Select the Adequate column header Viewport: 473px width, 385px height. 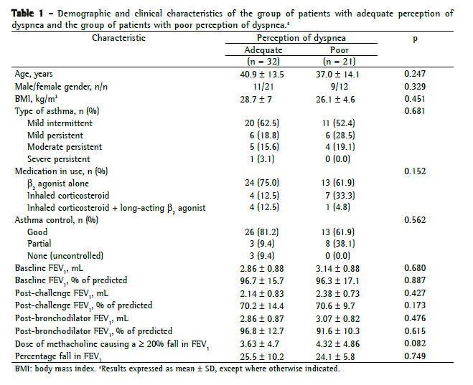click(263, 49)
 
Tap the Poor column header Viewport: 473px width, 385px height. click(339, 49)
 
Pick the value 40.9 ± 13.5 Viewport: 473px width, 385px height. click(263, 74)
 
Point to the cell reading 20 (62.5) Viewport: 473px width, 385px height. click(263, 123)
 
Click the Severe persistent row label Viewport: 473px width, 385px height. click(59, 159)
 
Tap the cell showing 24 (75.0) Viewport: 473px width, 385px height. click(263, 183)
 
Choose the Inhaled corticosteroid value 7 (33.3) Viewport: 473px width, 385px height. click(339, 196)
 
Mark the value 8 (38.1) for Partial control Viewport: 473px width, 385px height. click(339, 244)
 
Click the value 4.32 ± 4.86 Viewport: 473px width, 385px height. click(339, 342)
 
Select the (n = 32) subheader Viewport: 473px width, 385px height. click(263, 60)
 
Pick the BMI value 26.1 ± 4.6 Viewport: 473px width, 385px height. click(339, 98)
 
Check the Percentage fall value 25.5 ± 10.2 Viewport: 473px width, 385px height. click(263, 354)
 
